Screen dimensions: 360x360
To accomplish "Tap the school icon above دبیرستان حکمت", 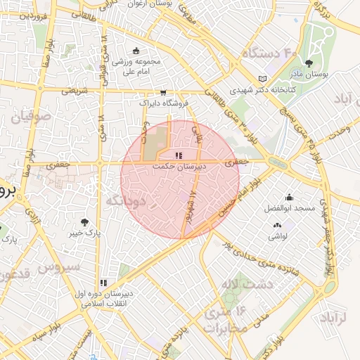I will pos(179,155).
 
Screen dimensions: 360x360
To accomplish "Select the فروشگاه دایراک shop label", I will pos(165,103).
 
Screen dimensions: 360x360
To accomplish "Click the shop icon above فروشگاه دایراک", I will pos(164,92).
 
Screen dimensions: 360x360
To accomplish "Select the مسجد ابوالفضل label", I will pos(290,209).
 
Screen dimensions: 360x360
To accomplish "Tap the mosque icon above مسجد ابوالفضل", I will pos(289,198).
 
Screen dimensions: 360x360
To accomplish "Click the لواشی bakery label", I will pos(276,236).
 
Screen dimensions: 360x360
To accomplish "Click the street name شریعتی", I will pos(75,90).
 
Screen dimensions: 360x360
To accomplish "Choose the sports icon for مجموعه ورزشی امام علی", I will pos(135,50).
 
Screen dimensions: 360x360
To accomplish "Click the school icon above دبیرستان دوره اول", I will pos(104,282).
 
